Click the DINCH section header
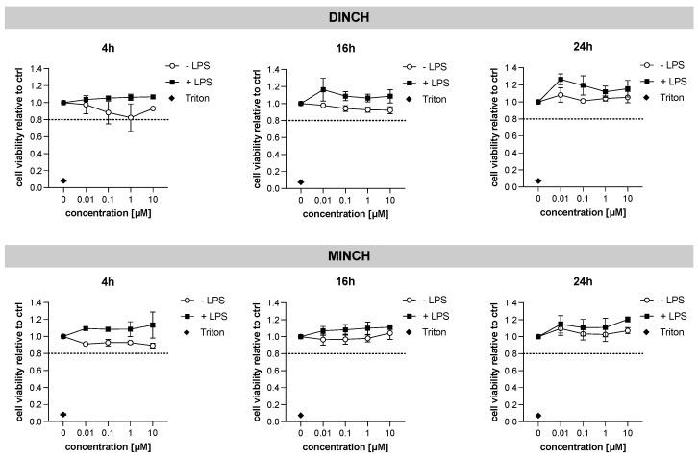[349, 16]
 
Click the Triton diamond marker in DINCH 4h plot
[63, 180]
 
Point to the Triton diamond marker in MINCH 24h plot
[538, 415]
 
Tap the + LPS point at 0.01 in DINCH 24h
[561, 80]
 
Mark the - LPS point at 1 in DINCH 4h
[130, 117]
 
